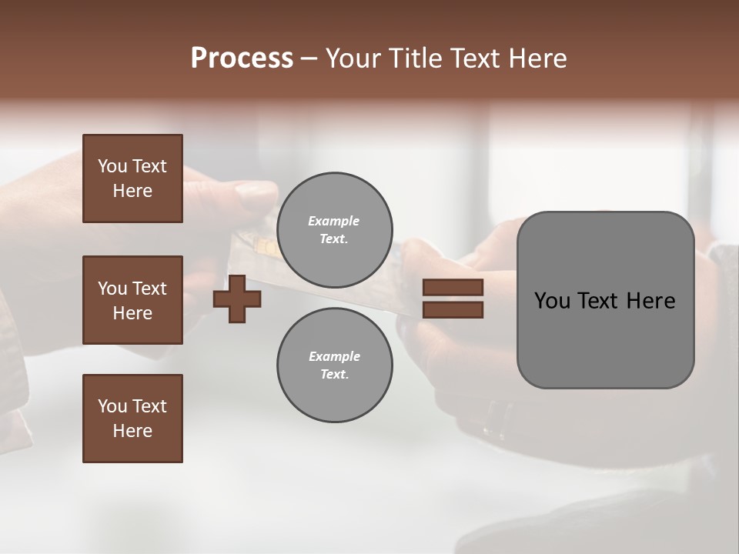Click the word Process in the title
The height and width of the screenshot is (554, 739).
(242, 58)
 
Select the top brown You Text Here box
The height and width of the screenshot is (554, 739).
(132, 179)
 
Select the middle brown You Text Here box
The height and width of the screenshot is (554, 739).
(132, 300)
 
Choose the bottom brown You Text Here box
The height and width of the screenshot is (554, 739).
(132, 418)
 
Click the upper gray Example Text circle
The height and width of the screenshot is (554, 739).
(334, 230)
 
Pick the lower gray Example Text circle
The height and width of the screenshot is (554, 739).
(334, 365)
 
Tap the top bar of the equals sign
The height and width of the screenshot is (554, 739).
(453, 288)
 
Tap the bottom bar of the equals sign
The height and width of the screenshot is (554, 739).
(453, 310)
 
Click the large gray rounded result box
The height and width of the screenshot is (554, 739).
(605, 339)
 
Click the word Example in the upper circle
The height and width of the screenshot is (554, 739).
(334, 222)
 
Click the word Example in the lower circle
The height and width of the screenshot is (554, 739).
(334, 357)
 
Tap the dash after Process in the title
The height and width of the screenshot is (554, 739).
(309, 58)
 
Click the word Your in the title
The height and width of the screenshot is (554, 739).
(352, 58)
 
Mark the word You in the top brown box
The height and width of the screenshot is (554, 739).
(112, 166)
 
